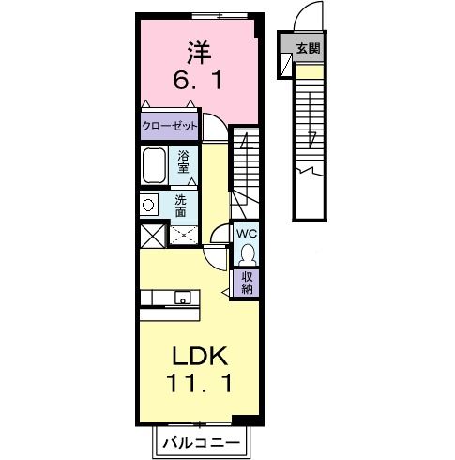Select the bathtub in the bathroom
tap(156, 167)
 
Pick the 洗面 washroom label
tap(181, 204)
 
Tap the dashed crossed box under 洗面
tap(182, 236)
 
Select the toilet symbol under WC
tap(247, 253)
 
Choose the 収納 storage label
tap(248, 282)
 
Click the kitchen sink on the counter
tap(182, 299)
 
